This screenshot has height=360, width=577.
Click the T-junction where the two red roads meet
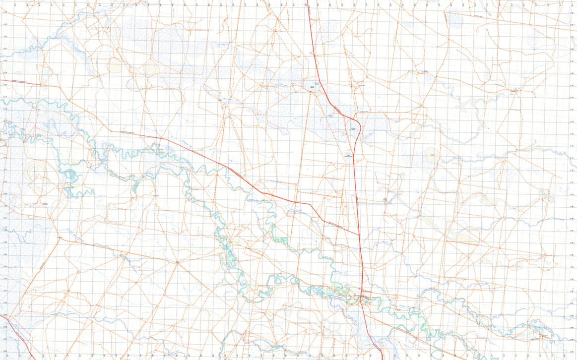point(360,235)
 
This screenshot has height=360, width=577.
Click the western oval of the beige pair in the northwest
point(115,65)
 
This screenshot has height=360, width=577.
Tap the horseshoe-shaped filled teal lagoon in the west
point(70,174)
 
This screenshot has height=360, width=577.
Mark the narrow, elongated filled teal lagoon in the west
point(134,186)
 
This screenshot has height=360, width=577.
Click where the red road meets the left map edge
point(0,79)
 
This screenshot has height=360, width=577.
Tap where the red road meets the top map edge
point(307,1)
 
